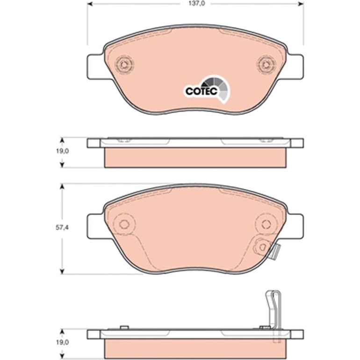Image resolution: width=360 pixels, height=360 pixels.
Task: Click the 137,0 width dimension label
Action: tap(197, 4)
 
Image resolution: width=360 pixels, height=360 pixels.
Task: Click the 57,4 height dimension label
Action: tap(63, 228)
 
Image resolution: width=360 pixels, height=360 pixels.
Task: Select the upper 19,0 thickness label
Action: tap(63, 151)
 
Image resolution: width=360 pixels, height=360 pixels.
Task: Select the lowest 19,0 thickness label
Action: tap(63, 342)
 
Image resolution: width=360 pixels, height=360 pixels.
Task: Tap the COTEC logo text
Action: tap(202, 91)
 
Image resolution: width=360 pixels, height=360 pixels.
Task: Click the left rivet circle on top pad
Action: tap(124, 65)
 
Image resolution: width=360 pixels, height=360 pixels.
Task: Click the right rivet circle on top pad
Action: tap(266, 65)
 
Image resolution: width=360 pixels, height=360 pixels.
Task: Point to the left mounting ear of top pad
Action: tap(96, 67)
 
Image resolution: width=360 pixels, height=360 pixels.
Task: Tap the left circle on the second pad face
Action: tap(124, 224)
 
